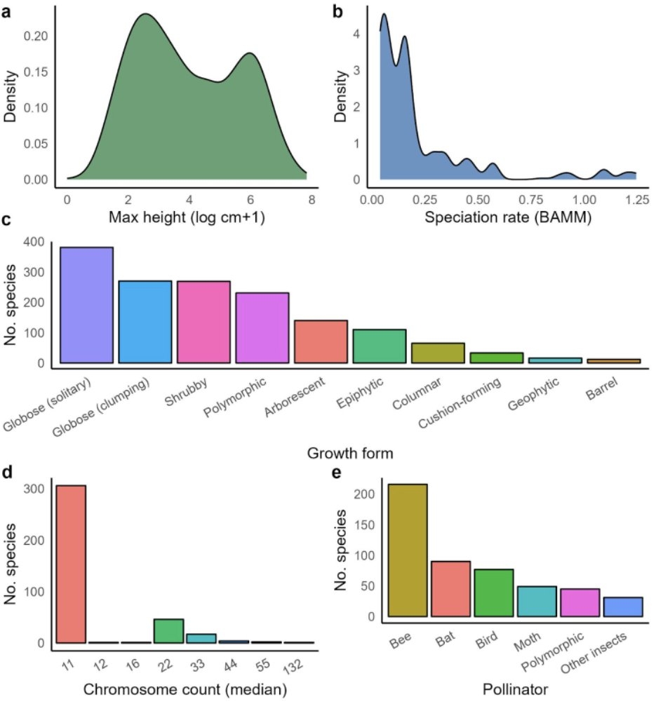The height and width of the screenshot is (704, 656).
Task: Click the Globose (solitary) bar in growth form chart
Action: [86, 305]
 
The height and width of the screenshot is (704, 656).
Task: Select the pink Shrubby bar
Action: [203, 322]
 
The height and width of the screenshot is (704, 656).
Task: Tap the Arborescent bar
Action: [321, 341]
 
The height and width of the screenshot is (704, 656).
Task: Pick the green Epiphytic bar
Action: [379, 346]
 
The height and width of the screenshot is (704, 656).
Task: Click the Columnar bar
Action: [438, 353]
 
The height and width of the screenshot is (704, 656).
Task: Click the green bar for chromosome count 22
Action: [168, 631]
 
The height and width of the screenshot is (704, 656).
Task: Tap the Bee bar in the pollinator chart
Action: [407, 550]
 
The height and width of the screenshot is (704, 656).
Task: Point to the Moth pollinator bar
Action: [537, 602]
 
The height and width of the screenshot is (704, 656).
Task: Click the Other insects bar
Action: [623, 607]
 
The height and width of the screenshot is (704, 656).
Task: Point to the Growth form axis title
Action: [349, 454]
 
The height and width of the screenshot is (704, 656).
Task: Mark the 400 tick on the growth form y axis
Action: [35, 243]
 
